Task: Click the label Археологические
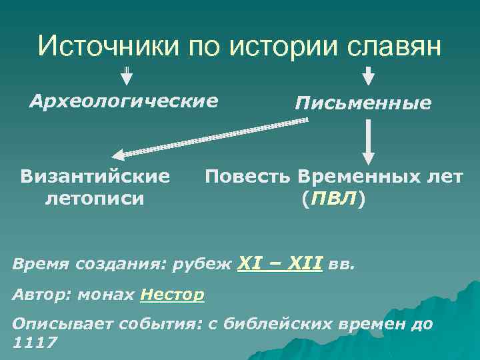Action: pos(124,101)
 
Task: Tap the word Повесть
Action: pos(247,177)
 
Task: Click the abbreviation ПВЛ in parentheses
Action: pos(333,198)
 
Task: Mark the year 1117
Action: pos(35,343)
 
